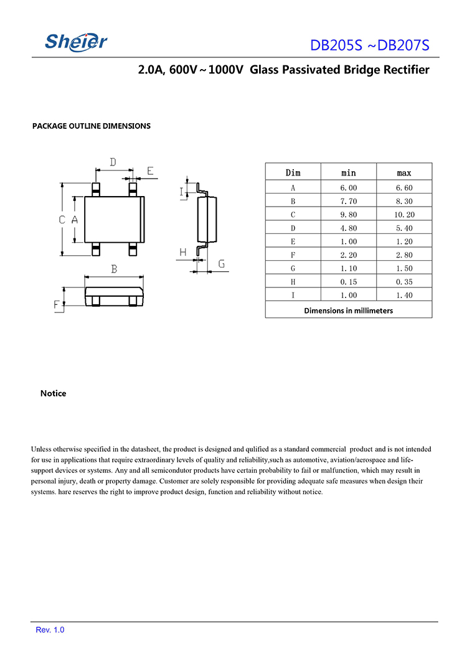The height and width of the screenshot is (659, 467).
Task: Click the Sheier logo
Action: (x=76, y=42)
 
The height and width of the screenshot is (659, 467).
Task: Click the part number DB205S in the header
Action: (x=336, y=46)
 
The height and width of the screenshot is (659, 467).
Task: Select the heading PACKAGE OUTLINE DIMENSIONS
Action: (x=92, y=126)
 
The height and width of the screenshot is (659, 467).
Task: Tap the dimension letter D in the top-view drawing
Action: (x=113, y=162)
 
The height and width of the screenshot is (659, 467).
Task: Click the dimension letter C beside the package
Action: (x=62, y=220)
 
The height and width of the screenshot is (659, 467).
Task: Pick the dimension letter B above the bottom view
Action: (x=114, y=269)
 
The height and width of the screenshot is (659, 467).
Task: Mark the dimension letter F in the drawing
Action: (x=57, y=305)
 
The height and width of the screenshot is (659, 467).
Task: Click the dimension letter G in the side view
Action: (x=221, y=264)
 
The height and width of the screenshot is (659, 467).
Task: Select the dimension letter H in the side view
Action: (x=183, y=252)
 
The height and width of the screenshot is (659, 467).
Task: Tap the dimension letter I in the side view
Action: (x=182, y=192)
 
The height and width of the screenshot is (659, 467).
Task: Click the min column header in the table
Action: (x=349, y=172)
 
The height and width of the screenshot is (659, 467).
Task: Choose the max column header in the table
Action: (x=404, y=172)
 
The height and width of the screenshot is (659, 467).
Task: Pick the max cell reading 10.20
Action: (x=404, y=215)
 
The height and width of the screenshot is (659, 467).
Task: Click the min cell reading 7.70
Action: (x=349, y=201)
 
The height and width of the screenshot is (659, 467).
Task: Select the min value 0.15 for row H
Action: (x=349, y=282)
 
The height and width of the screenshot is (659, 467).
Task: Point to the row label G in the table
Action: (x=293, y=268)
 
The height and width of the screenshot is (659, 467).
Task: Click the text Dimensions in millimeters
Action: (x=348, y=310)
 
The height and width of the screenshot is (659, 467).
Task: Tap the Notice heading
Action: (x=53, y=393)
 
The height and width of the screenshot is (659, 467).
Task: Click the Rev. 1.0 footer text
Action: (x=50, y=630)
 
